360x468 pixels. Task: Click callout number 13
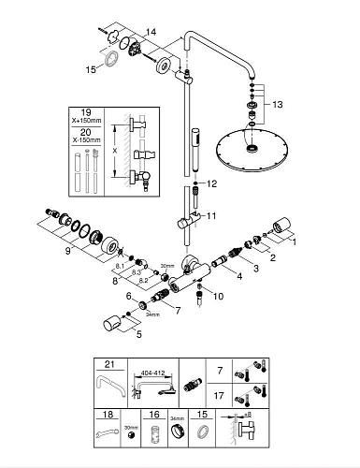click(x=277, y=104)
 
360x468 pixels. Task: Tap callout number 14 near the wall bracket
click(x=151, y=32)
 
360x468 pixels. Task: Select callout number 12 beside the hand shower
click(x=211, y=183)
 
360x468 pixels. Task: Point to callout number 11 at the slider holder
click(x=211, y=215)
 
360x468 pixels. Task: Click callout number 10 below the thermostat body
click(x=219, y=296)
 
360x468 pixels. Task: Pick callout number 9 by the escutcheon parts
click(x=68, y=251)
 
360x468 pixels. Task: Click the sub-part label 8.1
click(x=120, y=266)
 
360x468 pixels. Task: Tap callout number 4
click(x=239, y=276)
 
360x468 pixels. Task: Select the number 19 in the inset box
click(x=86, y=112)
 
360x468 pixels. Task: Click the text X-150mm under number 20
click(x=86, y=140)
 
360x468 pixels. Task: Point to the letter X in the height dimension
click(x=115, y=151)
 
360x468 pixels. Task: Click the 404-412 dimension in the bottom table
click(x=152, y=373)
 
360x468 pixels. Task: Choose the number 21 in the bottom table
click(x=109, y=364)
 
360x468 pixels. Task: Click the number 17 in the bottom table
click(x=219, y=396)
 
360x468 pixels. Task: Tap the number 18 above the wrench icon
click(x=108, y=415)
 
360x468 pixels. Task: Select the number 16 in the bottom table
click(x=154, y=415)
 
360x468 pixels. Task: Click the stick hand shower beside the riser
click(x=195, y=150)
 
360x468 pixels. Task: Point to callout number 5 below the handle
click(x=139, y=334)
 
